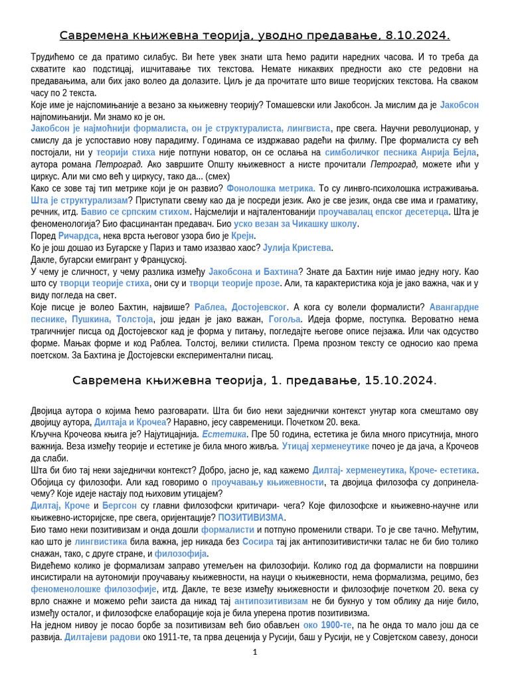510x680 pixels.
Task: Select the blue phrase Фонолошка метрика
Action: pyautogui.click(x=271, y=189)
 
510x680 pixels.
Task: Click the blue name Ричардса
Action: pyautogui.click(x=78, y=236)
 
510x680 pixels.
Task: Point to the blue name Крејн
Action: pyautogui.click(x=243, y=236)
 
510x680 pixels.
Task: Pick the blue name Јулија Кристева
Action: pyautogui.click(x=297, y=248)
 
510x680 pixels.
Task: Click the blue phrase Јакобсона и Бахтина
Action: pyautogui.click(x=253, y=272)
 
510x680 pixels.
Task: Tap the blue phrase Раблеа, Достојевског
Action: pyautogui.click(x=240, y=307)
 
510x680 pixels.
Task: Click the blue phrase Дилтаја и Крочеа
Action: pyautogui.click(x=129, y=422)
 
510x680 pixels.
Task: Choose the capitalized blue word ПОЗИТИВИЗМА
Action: pyautogui.click(x=251, y=517)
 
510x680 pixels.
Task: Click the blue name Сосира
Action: pyautogui.click(x=258, y=542)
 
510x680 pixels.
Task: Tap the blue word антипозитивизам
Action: pyautogui.click(x=271, y=601)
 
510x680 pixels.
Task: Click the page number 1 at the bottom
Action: pyautogui.click(x=255, y=653)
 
